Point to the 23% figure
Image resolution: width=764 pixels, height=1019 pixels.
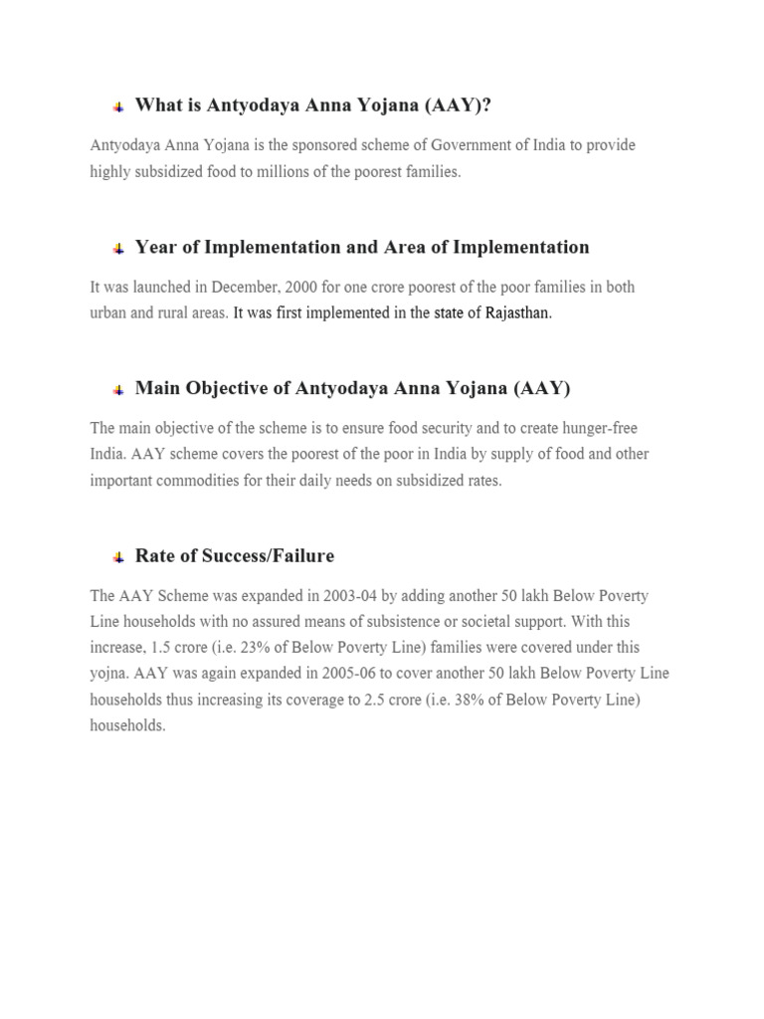coord(258,648)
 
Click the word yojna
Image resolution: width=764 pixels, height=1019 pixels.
coord(109,674)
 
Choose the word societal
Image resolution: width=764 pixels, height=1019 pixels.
coord(509,622)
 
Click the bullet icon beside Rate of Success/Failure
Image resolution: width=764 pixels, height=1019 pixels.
coord(117,556)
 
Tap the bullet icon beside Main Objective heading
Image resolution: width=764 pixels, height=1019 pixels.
coord(117,389)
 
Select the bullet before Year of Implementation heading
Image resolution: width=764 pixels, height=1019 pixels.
coord(117,248)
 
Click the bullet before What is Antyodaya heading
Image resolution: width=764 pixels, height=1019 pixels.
coord(117,106)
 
